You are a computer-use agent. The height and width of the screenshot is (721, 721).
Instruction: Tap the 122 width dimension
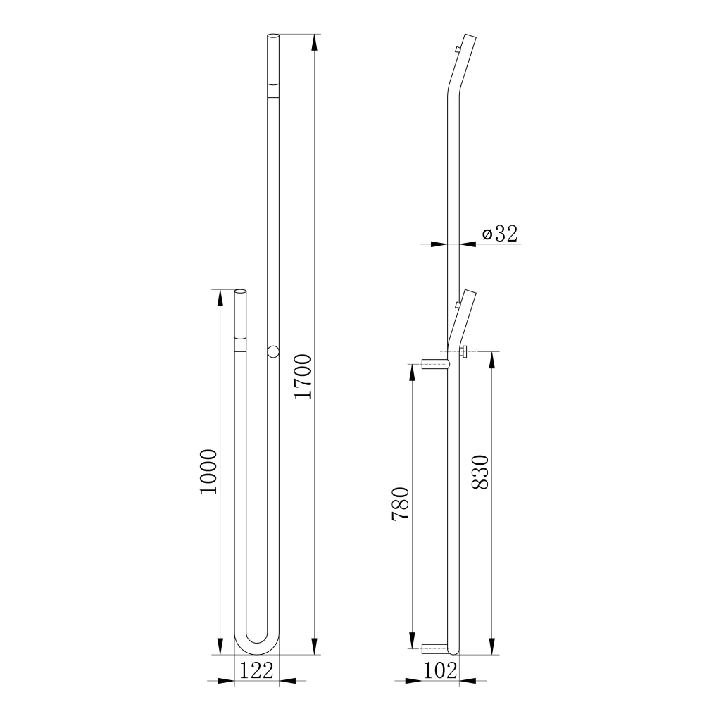pos(256,670)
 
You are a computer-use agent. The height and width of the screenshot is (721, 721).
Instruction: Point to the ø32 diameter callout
pos(500,234)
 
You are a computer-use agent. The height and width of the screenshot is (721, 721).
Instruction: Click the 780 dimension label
pos(400,503)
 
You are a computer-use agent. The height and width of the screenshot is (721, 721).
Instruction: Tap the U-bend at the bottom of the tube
pos(256,641)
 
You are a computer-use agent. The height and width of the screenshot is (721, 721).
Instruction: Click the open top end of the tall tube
pos(273,36)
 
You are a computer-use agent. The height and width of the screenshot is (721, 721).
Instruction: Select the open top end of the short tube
pos(240,291)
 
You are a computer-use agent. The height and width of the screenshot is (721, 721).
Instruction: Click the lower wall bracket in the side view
pos(435,648)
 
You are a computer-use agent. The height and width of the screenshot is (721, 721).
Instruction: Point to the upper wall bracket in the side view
pos(434,364)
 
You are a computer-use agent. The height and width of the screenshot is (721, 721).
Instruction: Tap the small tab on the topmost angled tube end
pos(458,49)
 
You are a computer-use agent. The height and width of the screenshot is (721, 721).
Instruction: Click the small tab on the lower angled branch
pos(458,305)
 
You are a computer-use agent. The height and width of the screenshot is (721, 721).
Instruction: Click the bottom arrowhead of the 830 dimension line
pos(491,646)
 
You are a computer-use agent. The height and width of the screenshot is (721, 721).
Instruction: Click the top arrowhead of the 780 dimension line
pos(412,371)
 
